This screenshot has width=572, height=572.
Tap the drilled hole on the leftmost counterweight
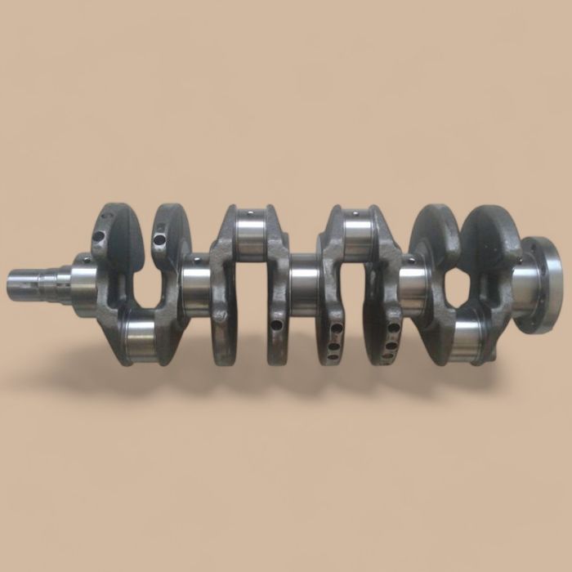point(98,236)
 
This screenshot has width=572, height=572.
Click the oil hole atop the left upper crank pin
point(249,214)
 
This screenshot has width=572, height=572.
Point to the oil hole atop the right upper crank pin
point(357,215)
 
